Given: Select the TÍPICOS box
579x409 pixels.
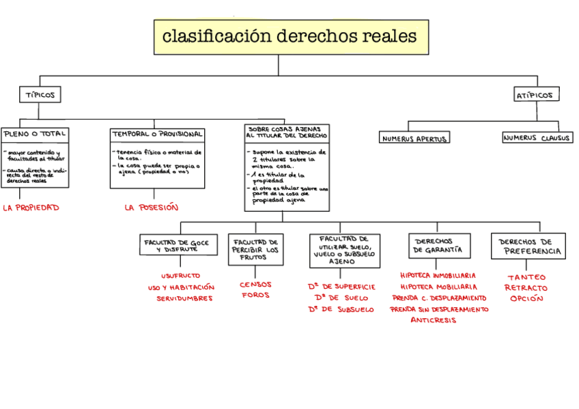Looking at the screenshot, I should [x=40, y=94].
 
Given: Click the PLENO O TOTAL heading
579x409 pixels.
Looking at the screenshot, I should [x=35, y=134].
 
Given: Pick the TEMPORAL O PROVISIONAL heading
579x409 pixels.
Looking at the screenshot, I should [x=158, y=134].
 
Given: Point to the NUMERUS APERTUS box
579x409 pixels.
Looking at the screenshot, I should [x=414, y=139].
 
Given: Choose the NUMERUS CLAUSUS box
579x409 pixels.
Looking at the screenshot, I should [x=537, y=138].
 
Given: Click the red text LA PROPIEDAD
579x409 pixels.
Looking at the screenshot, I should [x=31, y=207].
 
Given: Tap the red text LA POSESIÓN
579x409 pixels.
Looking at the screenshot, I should [x=152, y=208].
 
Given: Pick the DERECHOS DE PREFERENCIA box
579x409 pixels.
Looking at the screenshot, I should [x=528, y=246].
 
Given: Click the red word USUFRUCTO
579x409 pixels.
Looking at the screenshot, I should [x=181, y=277].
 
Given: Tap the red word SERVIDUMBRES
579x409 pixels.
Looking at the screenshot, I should [x=184, y=298].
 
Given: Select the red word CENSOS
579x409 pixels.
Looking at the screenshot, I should [x=255, y=284].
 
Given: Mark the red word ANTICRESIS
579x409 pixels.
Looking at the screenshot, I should [x=434, y=320].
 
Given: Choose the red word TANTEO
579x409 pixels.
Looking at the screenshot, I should [x=526, y=277].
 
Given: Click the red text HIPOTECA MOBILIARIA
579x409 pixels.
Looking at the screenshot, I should [x=438, y=287].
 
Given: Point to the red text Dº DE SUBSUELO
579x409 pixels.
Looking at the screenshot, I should [x=341, y=309].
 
